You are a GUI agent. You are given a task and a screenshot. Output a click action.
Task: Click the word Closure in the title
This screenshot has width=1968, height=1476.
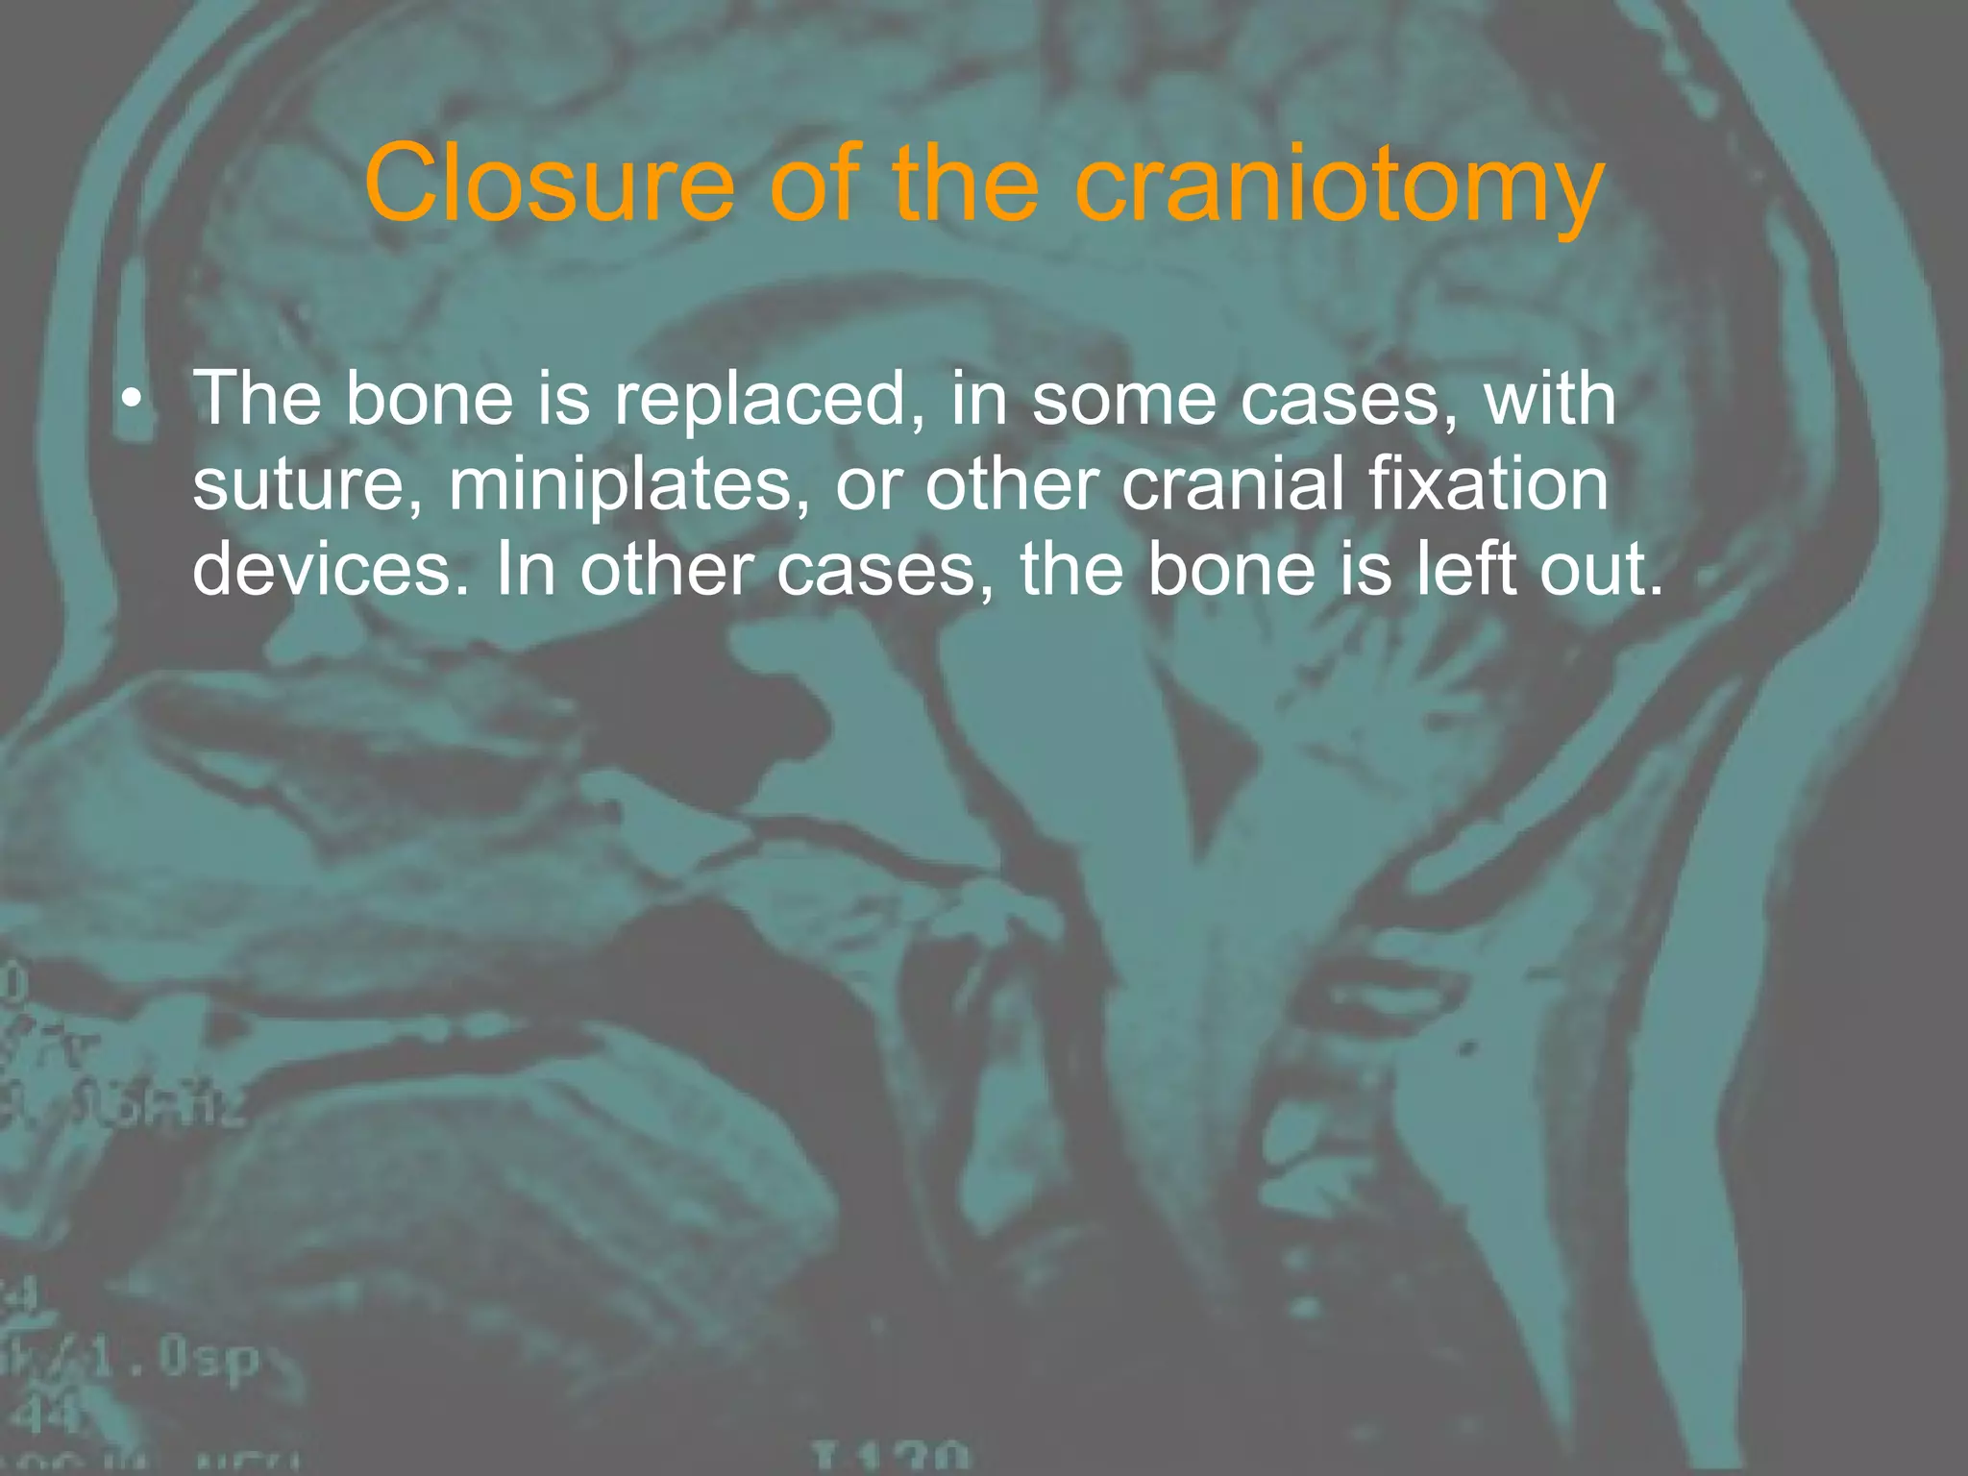(549, 183)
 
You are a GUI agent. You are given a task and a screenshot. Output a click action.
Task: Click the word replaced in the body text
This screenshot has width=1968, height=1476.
(760, 400)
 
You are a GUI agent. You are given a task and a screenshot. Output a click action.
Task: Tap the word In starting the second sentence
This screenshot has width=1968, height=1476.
(525, 569)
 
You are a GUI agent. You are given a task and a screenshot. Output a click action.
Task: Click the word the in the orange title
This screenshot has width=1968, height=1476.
(966, 183)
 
